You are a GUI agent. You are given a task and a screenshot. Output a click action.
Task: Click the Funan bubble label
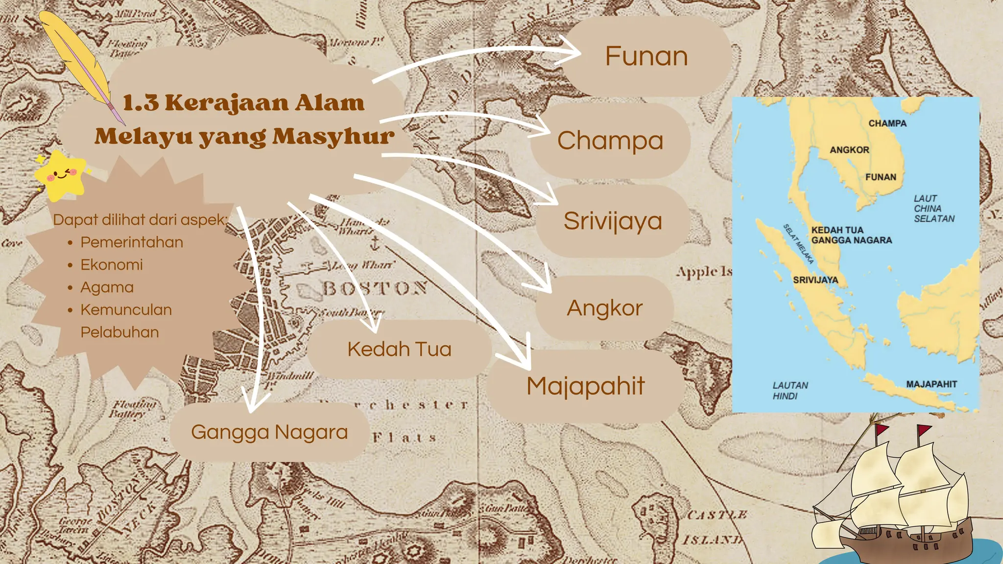(x=646, y=56)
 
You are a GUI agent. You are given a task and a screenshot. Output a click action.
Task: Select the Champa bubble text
(x=610, y=141)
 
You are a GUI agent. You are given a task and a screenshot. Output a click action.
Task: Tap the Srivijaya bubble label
(x=612, y=221)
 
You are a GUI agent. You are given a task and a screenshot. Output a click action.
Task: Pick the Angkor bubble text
(x=604, y=308)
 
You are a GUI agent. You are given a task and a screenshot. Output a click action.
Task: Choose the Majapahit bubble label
(x=585, y=386)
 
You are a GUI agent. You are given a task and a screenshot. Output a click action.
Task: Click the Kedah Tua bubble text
(x=399, y=350)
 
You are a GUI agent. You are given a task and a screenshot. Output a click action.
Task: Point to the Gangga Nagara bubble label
(x=269, y=432)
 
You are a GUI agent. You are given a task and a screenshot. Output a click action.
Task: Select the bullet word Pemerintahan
(x=132, y=242)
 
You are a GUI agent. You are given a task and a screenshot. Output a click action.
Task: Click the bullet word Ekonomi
(x=112, y=265)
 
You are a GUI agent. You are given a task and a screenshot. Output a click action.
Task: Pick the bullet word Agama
(x=107, y=287)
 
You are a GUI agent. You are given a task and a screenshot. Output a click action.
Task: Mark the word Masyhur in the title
(x=333, y=137)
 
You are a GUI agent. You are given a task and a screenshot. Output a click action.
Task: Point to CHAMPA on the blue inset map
(x=887, y=123)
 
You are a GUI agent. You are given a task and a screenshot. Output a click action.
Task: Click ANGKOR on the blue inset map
(x=849, y=150)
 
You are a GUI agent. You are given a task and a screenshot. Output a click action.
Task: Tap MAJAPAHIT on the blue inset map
(x=931, y=384)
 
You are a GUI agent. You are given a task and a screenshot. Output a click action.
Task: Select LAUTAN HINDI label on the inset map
(x=790, y=391)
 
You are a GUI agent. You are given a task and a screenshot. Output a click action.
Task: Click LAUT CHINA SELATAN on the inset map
(x=933, y=209)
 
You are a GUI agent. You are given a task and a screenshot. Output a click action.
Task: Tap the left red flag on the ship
(x=882, y=431)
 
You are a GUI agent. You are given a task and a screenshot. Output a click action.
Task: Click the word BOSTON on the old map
(x=375, y=288)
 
